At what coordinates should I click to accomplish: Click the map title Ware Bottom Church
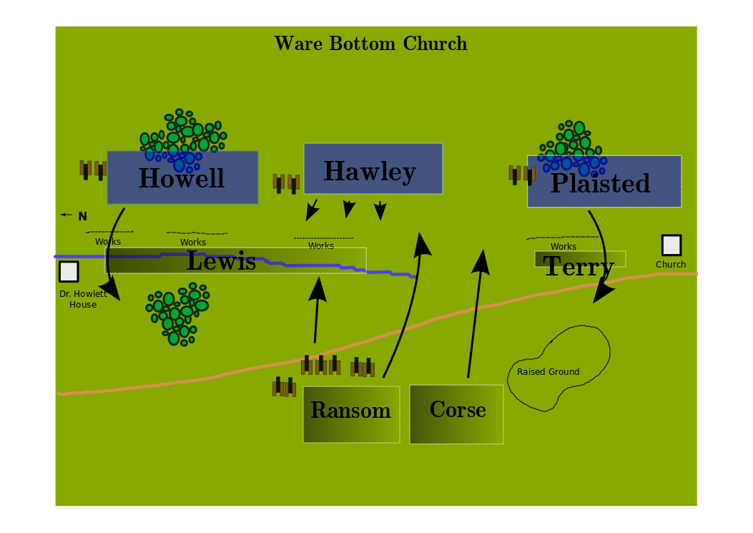point(370,44)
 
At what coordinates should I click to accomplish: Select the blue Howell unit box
point(182,177)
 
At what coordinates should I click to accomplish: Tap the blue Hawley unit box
point(373,169)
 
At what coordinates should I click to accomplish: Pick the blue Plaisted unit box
point(604,181)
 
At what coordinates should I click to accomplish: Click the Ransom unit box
point(351,414)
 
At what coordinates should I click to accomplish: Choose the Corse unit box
point(456,414)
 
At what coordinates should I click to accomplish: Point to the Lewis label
point(222,261)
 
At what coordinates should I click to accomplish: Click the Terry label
point(579,265)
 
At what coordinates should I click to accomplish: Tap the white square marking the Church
point(671,245)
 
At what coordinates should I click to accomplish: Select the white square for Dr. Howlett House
point(69,272)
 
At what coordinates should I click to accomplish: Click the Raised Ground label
point(548,371)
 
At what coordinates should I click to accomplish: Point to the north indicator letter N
point(83,216)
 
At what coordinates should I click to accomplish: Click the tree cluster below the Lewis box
point(177,314)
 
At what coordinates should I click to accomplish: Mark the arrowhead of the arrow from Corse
point(481,262)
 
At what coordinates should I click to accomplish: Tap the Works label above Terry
point(563,247)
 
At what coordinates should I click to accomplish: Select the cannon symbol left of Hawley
point(286,184)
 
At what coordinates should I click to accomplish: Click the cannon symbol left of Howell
point(93,170)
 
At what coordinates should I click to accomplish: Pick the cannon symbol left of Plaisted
point(522,175)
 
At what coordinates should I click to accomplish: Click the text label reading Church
point(671,264)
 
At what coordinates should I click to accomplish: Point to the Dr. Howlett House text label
point(83,299)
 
